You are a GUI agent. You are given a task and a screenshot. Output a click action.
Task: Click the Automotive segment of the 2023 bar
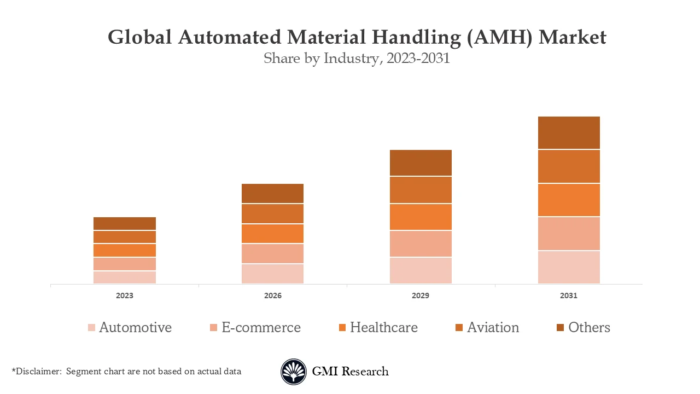click(125, 277)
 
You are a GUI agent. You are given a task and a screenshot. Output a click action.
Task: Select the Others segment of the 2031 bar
click(569, 132)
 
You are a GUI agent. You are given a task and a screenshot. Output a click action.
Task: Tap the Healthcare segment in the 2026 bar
click(272, 234)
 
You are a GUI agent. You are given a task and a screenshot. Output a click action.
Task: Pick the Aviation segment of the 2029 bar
click(421, 190)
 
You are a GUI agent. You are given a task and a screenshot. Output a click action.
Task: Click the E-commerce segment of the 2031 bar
click(569, 234)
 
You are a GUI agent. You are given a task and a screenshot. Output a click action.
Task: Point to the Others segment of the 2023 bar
click(125, 223)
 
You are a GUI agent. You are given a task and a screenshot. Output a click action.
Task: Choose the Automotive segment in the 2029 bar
click(421, 270)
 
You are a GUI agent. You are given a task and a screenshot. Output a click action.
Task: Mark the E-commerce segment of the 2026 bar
click(272, 253)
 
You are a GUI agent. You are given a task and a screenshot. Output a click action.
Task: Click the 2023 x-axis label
click(125, 296)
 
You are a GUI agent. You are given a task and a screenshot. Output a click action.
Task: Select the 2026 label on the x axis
click(272, 296)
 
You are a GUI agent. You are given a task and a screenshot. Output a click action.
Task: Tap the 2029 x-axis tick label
click(421, 296)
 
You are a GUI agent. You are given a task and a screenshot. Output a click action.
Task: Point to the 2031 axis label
click(569, 296)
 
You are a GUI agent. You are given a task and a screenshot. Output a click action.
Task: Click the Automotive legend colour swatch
click(91, 328)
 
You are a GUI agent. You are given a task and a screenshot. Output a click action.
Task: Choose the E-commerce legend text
click(261, 327)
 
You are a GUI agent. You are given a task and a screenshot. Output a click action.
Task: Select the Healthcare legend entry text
click(383, 327)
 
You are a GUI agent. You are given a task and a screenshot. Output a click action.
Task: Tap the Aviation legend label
click(493, 327)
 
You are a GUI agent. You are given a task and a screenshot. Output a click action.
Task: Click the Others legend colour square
click(561, 328)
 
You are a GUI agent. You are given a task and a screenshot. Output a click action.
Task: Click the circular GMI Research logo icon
click(294, 372)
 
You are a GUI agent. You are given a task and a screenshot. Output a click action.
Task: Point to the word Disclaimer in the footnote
click(38, 372)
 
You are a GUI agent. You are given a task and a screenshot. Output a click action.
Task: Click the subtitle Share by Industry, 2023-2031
click(357, 59)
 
